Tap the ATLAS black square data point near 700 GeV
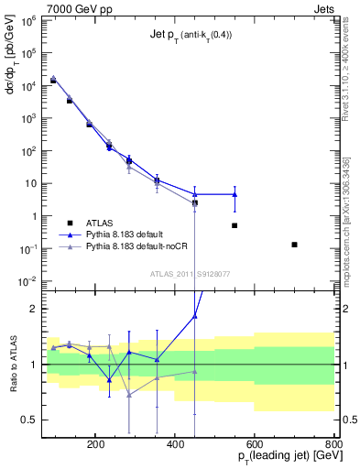click(x=294, y=245)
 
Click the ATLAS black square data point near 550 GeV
click(x=235, y=225)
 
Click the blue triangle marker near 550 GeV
click(x=235, y=194)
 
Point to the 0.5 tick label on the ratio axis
click(x=27, y=420)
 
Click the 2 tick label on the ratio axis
click(x=32, y=309)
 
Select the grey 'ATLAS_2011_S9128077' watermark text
click(x=190, y=273)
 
